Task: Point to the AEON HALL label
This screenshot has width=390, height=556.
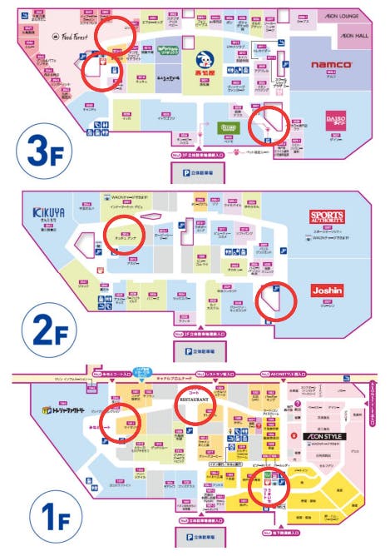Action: (353, 36)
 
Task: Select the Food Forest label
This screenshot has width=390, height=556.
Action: (71, 36)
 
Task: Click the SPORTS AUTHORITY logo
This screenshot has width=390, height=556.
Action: (327, 217)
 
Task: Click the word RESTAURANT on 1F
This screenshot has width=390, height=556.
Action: (195, 400)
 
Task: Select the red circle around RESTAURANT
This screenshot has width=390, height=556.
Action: (195, 402)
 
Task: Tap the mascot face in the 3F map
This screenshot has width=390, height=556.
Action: (204, 60)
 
